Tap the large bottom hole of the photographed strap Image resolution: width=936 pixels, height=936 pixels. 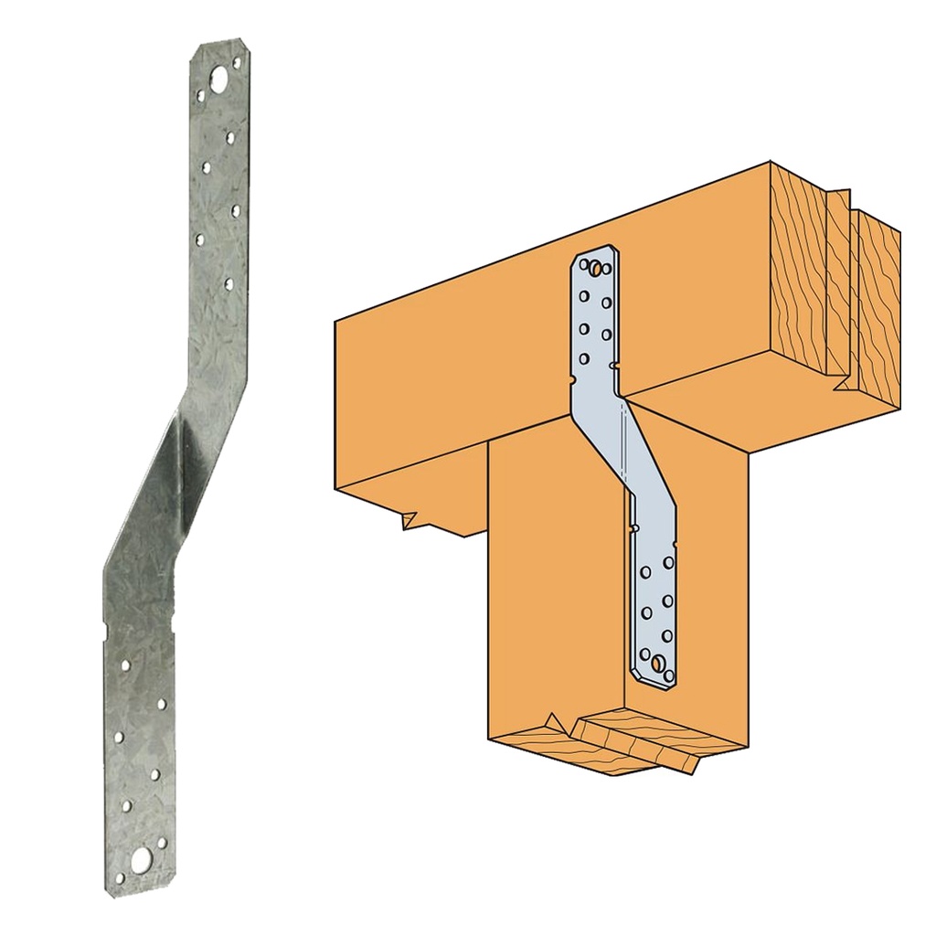(142, 858)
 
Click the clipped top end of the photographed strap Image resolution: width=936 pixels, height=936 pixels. (219, 48)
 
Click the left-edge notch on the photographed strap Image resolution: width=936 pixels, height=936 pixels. (107, 627)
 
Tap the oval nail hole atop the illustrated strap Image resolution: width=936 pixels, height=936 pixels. (595, 268)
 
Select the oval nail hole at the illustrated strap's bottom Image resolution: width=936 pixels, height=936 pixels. (658, 660)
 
